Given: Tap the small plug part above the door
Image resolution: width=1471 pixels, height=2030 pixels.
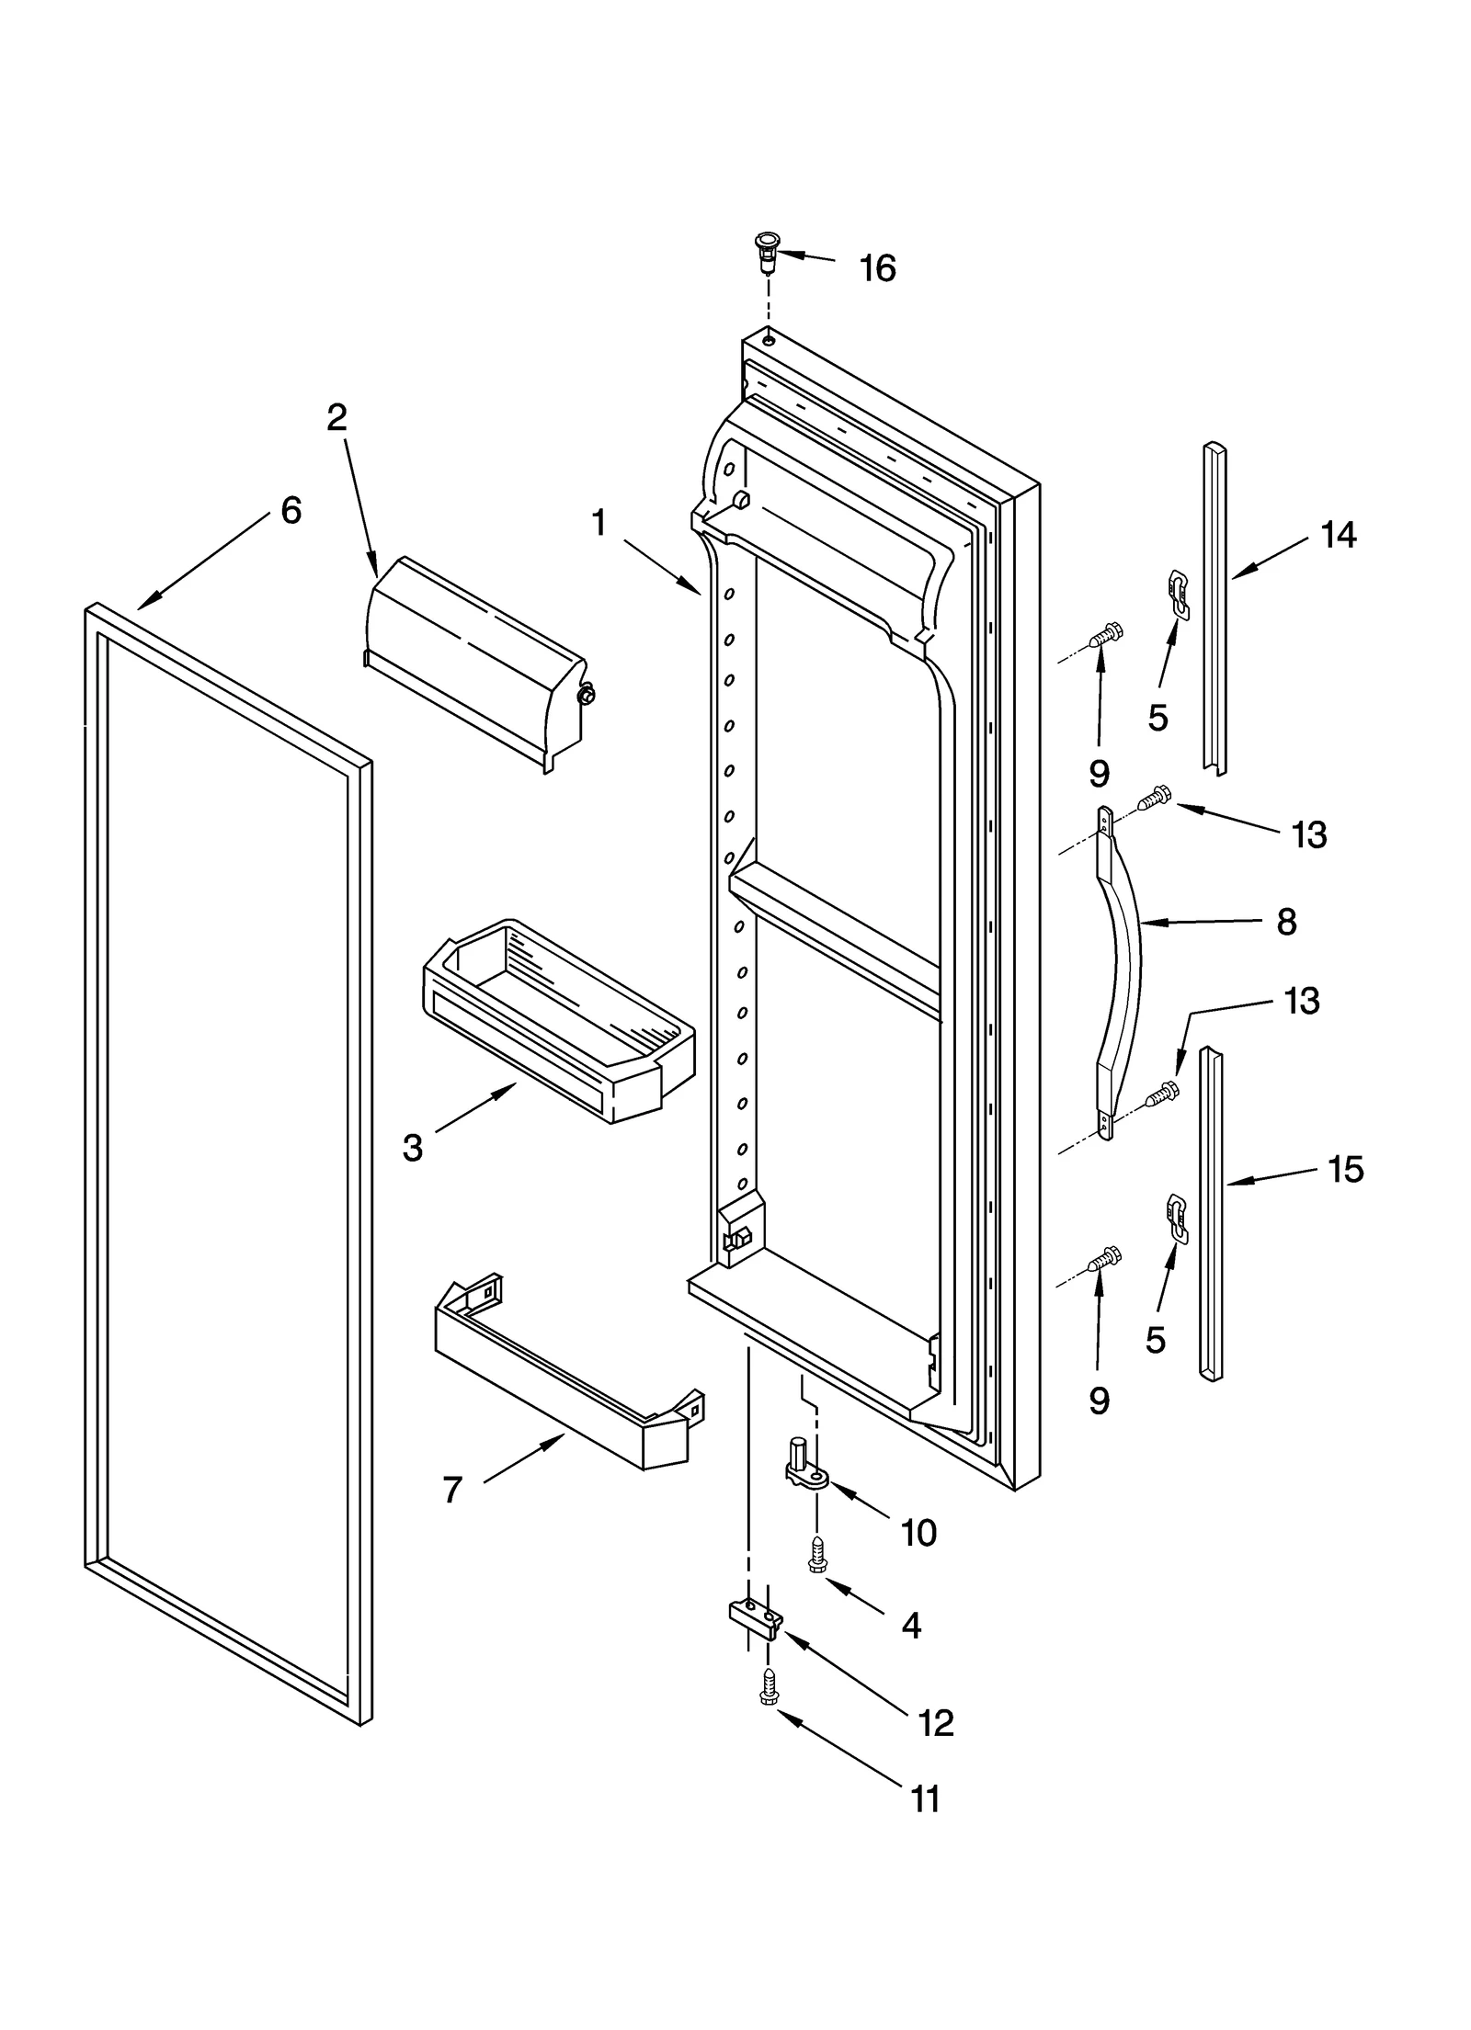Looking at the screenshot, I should [x=764, y=251].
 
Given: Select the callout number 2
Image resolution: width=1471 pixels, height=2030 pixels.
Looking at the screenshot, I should [x=337, y=418].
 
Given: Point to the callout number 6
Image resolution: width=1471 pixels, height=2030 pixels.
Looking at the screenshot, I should [x=291, y=510].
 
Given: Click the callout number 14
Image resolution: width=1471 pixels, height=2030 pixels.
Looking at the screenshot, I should [x=1338, y=535].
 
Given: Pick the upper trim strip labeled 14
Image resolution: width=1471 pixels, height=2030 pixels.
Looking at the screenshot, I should [x=1214, y=607].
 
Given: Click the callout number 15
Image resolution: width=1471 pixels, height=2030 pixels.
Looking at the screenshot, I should [x=1345, y=1170].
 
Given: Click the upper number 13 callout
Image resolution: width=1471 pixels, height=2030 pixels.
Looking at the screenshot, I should [x=1308, y=834].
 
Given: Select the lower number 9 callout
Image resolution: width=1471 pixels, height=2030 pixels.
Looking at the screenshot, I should [x=1099, y=1401].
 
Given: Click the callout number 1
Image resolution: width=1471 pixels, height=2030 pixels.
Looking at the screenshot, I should [x=599, y=524].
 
